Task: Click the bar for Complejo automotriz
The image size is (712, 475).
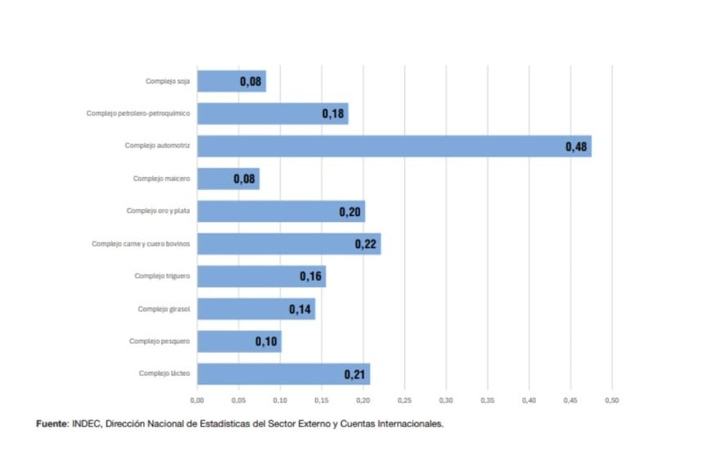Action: [x=393, y=147]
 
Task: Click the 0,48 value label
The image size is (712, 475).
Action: [x=575, y=147]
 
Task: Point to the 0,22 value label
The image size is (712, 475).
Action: [x=365, y=244]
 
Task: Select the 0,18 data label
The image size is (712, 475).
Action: [x=332, y=114]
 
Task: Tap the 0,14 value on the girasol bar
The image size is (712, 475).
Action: [x=300, y=309]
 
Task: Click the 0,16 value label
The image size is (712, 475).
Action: [x=310, y=277]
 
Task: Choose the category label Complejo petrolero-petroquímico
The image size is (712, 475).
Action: [x=138, y=114]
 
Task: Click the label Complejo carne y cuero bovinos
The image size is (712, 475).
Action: [x=141, y=243]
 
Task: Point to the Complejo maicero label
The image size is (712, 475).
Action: [x=161, y=179]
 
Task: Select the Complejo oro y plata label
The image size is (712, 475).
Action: [x=158, y=210]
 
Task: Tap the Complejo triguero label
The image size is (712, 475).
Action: [x=162, y=276]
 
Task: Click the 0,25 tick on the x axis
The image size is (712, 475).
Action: [x=404, y=400]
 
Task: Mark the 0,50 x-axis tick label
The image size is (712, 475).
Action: [x=611, y=400]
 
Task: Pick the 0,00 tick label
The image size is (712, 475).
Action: [x=197, y=400]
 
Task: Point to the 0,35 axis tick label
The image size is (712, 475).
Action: [x=487, y=400]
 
